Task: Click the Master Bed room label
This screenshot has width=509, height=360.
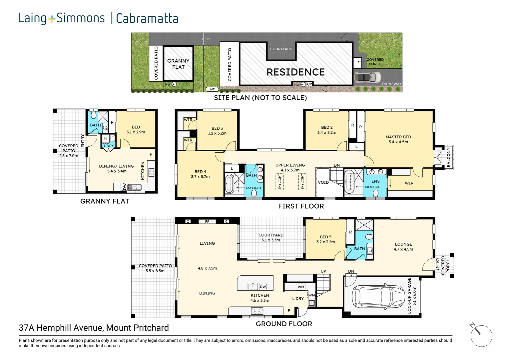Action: pyautogui.click(x=398, y=137)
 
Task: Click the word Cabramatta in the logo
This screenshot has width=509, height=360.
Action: pyautogui.click(x=147, y=18)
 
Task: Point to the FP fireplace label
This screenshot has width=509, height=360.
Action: pyautogui.click(x=207, y=222)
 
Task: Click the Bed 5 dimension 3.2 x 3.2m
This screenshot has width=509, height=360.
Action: pyautogui.click(x=325, y=242)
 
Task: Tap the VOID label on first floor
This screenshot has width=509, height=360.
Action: pyautogui.click(x=323, y=182)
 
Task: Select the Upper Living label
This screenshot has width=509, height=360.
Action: pyautogui.click(x=290, y=165)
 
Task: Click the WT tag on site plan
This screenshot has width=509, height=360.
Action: pyautogui.click(x=212, y=89)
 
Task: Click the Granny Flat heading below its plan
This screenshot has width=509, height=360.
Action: pyautogui.click(x=105, y=201)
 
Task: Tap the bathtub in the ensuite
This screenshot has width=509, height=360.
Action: pyautogui.click(x=349, y=182)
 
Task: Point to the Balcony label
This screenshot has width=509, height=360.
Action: pyautogui.click(x=448, y=158)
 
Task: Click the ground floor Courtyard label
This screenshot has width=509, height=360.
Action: pyautogui.click(x=271, y=235)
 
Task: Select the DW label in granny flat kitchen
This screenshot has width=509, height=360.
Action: pyautogui.click(x=125, y=187)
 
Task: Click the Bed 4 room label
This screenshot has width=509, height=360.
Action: pyautogui.click(x=200, y=172)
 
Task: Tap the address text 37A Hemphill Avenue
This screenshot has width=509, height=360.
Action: pyautogui.click(x=94, y=328)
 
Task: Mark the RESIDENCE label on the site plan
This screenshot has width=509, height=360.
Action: pyautogui.click(x=295, y=72)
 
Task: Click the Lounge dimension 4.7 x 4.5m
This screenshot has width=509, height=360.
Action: pyautogui.click(x=403, y=249)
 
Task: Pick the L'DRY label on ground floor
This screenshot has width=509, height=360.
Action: pyautogui.click(x=298, y=298)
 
